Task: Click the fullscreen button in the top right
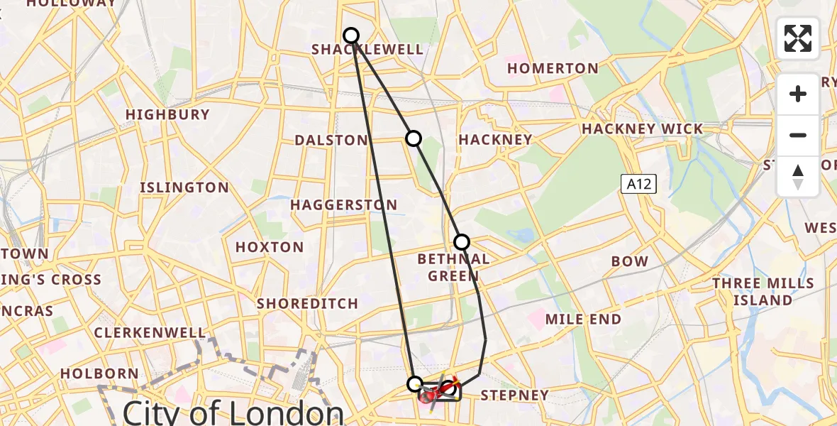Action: point(798,38)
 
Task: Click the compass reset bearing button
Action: point(798,177)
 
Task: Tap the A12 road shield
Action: point(639,185)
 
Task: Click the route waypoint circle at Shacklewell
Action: point(351,35)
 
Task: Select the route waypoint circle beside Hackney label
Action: point(413,138)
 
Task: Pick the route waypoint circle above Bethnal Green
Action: point(462,242)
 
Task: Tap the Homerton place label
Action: point(553,68)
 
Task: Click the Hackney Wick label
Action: point(642,129)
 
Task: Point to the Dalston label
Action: point(331,140)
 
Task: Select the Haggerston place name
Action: point(344,204)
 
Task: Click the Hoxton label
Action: point(270,247)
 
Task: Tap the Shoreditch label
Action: point(307,303)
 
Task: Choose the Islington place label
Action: point(184,187)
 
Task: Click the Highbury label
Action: point(167,114)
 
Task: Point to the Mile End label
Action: point(583,319)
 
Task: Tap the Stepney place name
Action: point(515,395)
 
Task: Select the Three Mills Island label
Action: point(763,292)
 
